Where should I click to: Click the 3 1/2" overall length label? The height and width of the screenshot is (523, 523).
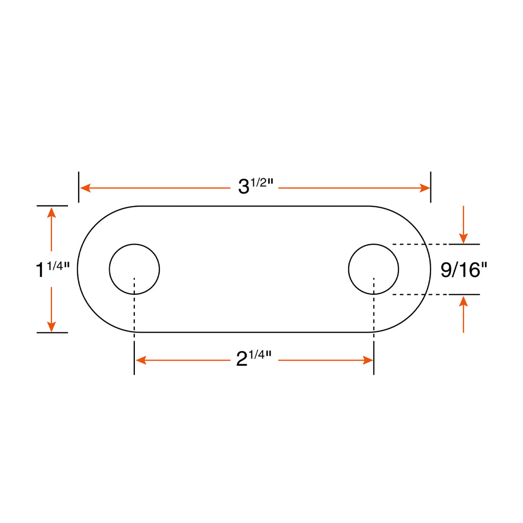pyautogui.click(x=255, y=186)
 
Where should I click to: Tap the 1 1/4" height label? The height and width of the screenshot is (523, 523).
pyautogui.click(x=53, y=269)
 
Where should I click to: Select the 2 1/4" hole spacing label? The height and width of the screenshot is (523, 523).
pyautogui.click(x=254, y=359)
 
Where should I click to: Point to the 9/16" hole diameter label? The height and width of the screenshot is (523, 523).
pyautogui.click(x=464, y=270)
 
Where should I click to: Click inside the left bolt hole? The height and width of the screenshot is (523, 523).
pyautogui.click(x=134, y=269)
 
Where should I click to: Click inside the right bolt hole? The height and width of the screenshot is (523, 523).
pyautogui.click(x=373, y=269)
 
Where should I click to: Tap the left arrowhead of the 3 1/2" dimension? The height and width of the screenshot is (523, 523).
pyautogui.click(x=85, y=188)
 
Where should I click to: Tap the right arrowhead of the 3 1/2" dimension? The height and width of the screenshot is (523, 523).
pyautogui.click(x=424, y=188)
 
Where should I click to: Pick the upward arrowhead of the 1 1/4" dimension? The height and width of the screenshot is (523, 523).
pyautogui.click(x=52, y=212)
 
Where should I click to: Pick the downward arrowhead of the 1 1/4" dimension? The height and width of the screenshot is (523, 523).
pyautogui.click(x=52, y=326)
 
